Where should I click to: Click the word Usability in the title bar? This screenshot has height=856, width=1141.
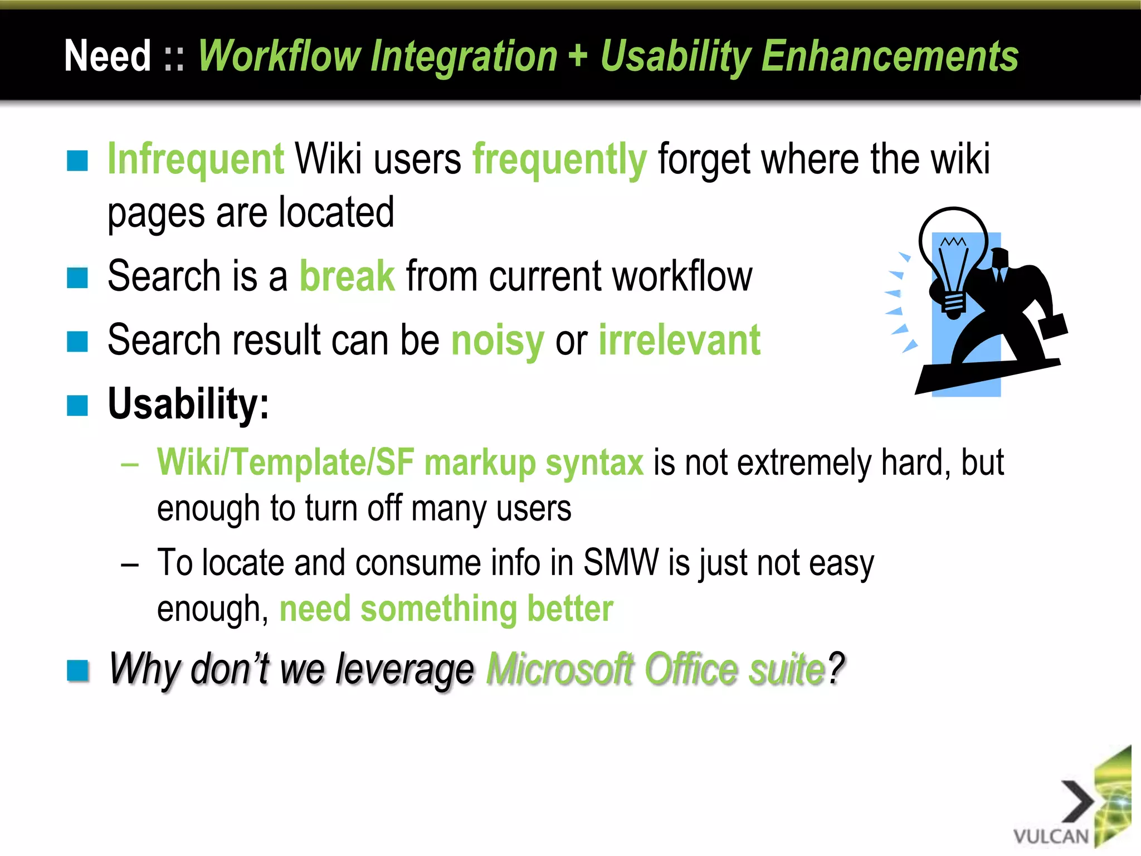(676, 57)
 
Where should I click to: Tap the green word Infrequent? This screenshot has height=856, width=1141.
(196, 159)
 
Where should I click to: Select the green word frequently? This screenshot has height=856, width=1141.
(559, 160)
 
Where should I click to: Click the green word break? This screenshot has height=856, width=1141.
(347, 276)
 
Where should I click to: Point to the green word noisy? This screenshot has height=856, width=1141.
(498, 341)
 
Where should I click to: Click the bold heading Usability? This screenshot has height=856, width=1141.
(188, 403)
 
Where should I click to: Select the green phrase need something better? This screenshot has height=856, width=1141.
(446, 609)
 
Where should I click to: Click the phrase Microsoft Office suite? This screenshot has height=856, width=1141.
(656, 669)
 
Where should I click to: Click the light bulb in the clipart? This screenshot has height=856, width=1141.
(953, 256)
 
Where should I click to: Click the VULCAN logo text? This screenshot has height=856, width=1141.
(1051, 836)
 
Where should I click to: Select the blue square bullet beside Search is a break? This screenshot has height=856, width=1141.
(77, 278)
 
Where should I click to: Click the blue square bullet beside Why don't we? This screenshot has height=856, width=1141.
(77, 670)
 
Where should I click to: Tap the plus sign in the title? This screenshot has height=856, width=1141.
(578, 56)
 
